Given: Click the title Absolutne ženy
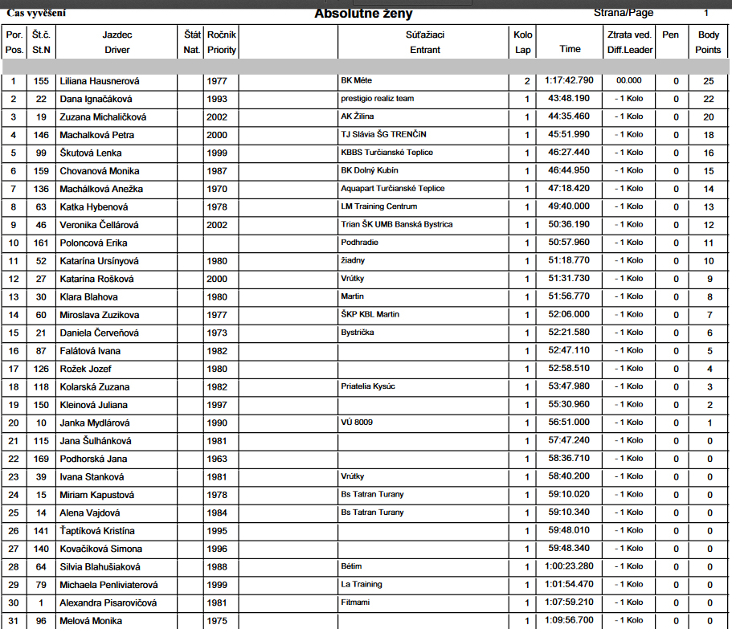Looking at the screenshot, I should click(364, 14).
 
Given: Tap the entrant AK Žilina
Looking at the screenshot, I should click(358, 116).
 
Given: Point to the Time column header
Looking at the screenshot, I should click(570, 49).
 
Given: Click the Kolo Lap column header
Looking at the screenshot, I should click(523, 42).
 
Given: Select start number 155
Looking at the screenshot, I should click(41, 81).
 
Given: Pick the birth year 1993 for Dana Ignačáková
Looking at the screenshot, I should click(216, 99).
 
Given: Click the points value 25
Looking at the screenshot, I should click(708, 81).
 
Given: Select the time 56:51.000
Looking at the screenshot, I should click(569, 423).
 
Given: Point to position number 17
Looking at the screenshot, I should click(13, 369).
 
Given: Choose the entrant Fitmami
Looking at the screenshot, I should click(356, 602).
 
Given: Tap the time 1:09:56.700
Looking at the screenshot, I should click(570, 621).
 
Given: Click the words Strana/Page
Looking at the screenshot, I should click(624, 13).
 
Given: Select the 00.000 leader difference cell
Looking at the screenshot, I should click(628, 81).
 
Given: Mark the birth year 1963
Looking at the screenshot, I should click(216, 459).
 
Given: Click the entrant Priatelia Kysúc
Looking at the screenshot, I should click(368, 386).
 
